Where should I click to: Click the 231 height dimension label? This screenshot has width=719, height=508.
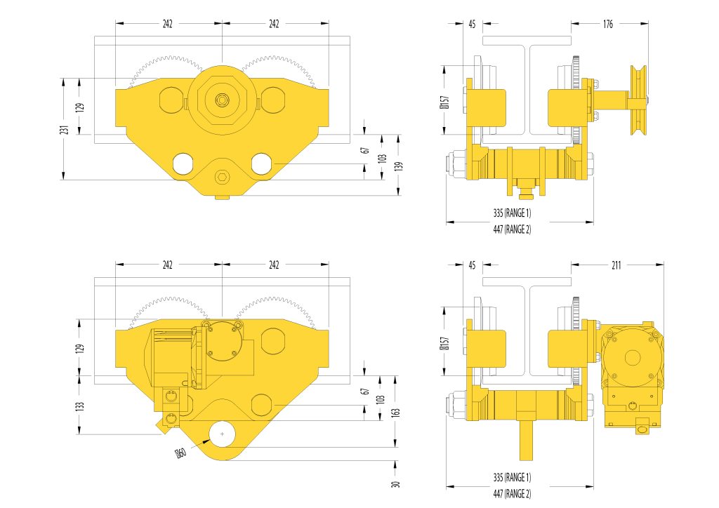click(66, 130)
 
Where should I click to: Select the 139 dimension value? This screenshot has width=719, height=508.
click(399, 166)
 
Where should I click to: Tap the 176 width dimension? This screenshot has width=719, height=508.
click(608, 24)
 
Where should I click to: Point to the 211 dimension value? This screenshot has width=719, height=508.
click(616, 265)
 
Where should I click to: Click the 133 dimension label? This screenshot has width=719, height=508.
click(80, 406)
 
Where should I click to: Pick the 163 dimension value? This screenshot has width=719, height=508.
click(396, 412)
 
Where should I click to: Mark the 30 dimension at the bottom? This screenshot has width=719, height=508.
click(396, 483)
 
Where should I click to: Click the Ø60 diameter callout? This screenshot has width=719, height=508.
click(181, 453)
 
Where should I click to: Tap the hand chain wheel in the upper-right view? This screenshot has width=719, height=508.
click(638, 100)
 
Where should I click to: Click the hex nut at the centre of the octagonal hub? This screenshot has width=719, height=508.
click(222, 100)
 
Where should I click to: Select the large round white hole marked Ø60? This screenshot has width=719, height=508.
click(222, 434)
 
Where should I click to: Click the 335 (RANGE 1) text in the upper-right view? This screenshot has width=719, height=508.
click(512, 213)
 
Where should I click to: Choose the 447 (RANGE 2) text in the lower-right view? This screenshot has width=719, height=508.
click(512, 494)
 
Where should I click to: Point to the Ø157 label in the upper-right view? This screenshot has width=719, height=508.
click(444, 102)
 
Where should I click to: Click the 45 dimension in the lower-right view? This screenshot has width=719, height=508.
click(473, 265)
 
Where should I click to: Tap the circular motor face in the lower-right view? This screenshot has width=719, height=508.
click(633, 358)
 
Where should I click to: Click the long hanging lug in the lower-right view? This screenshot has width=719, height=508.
click(527, 441)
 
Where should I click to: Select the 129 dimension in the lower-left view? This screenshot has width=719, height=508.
click(80, 348)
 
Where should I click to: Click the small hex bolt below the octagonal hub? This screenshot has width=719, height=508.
click(222, 177)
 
